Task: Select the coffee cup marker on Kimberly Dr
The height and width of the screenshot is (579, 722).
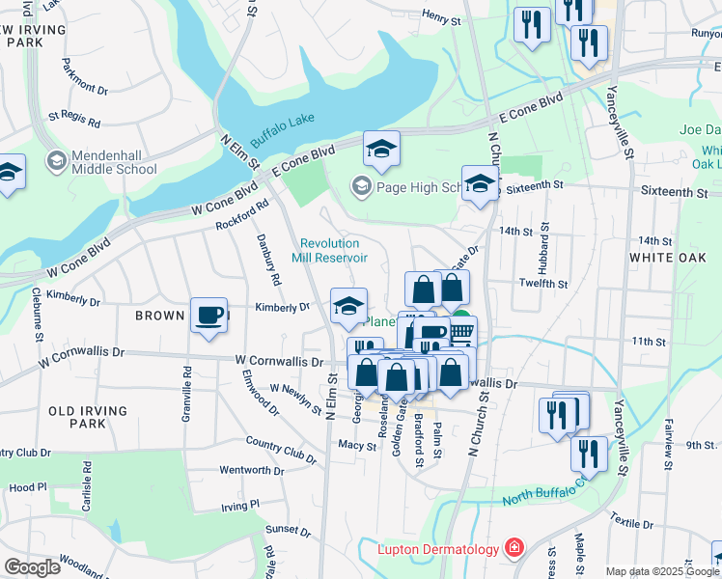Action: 208,315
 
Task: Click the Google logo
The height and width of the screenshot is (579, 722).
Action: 32,567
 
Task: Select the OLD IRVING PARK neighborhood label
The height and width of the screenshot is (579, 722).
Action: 89,417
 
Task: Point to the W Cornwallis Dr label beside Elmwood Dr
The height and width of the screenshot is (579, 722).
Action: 279,361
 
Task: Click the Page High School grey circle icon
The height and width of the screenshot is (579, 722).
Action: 361,185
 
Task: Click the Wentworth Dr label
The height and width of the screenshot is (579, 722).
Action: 252,471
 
